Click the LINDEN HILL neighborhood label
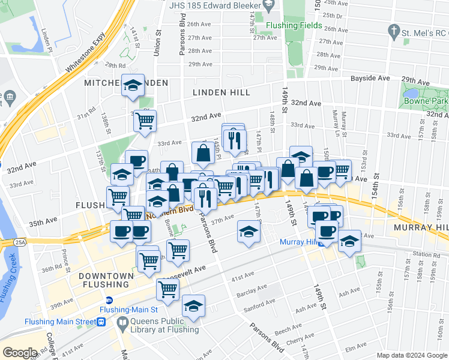[217, 92]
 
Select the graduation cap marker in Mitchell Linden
[133, 85]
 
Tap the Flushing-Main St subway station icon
[109, 300]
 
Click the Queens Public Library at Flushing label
[160, 325]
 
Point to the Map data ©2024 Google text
[411, 355]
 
